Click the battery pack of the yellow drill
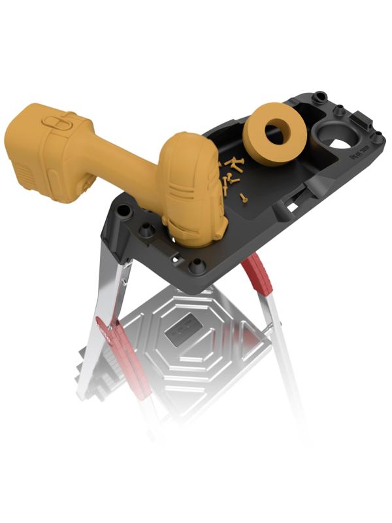[42, 154]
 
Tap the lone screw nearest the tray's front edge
[244, 195]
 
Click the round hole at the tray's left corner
[123, 211]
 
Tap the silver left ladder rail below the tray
[105, 307]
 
